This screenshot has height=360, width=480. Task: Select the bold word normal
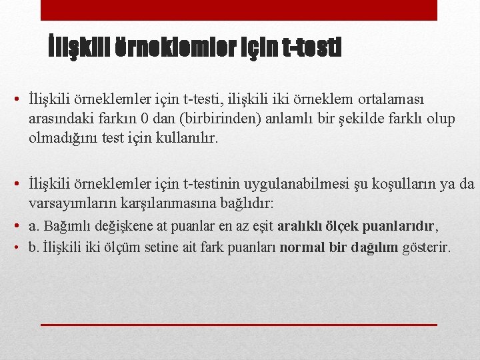(301, 248)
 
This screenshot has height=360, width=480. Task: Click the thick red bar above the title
(239, 10)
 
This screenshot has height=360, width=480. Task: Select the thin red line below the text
(239, 324)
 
